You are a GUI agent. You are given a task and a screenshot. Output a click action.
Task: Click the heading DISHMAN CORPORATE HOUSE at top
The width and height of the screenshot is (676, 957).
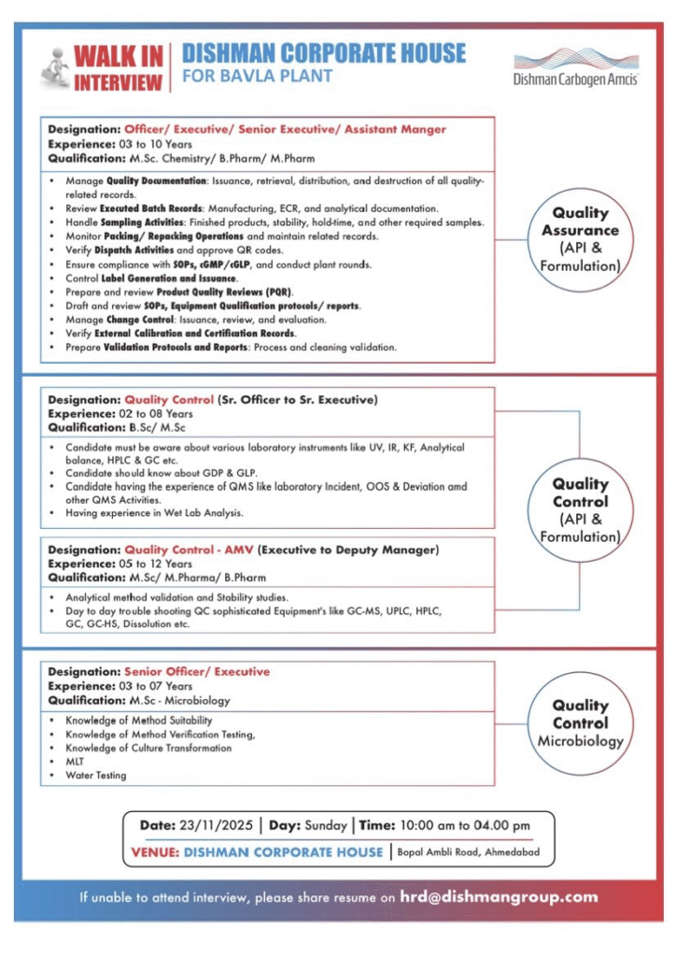[324, 53]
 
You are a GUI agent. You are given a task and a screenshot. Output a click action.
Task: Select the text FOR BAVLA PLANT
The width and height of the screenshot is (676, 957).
[258, 77]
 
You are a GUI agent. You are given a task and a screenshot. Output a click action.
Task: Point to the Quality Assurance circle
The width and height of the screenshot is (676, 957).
[580, 239]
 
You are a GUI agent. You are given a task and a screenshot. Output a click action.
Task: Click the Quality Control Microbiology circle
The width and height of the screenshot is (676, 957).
[580, 722]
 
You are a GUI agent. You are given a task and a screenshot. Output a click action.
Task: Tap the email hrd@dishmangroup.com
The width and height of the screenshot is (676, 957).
[499, 897]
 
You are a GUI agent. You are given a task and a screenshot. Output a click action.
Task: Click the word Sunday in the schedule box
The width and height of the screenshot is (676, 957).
[326, 826]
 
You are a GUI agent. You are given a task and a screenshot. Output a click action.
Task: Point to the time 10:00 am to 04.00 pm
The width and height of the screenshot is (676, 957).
[464, 826]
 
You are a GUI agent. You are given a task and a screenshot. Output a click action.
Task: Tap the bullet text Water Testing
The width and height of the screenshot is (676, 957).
[95, 776]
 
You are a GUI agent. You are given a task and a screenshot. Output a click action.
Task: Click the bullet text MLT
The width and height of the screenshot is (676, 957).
[76, 762]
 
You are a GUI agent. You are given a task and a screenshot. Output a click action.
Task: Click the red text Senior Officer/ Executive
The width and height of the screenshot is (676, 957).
[197, 672]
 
